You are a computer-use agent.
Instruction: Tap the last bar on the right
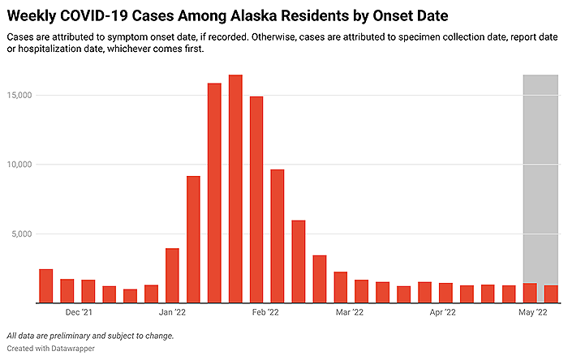point(551,294)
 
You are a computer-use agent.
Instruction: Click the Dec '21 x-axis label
point(78,312)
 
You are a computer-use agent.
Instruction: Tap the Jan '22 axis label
point(172,312)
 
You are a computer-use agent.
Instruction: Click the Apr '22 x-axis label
point(442,312)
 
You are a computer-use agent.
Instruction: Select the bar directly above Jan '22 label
point(172,276)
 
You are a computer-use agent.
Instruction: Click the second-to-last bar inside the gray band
point(530,294)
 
